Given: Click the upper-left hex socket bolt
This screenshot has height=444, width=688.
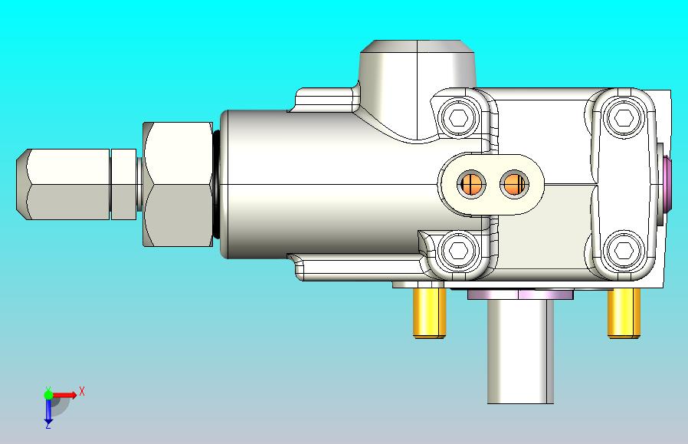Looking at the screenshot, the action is [x=458, y=117].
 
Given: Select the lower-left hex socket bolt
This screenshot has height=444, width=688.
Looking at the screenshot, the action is [x=458, y=250].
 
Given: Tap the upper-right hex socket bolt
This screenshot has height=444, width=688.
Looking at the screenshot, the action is [x=623, y=117].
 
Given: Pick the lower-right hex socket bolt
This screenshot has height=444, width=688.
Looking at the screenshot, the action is [x=623, y=250].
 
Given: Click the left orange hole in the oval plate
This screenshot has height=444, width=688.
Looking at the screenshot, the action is [x=471, y=184].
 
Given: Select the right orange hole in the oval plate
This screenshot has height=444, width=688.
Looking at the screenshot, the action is [x=514, y=184].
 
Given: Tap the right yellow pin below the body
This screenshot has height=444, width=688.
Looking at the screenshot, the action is [x=624, y=313].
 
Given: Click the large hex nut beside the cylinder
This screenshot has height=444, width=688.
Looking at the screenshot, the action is [x=178, y=184].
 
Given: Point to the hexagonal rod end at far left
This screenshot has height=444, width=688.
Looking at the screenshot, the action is [x=63, y=184].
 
